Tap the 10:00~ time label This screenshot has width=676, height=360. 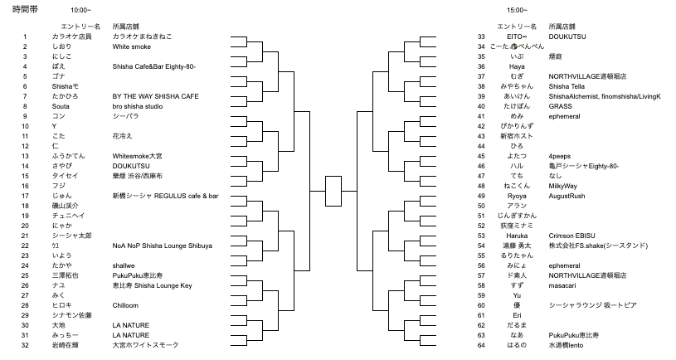pyautogui.click(x=80, y=10)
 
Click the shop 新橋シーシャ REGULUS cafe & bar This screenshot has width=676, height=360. pyautogui.click(x=166, y=196)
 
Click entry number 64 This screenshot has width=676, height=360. pyautogui.click(x=481, y=344)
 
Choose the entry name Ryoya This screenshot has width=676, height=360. pyautogui.click(x=517, y=196)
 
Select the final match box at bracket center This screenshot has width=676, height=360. pyautogui.click(x=333, y=191)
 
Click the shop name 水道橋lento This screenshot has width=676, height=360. pyautogui.click(x=568, y=344)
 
